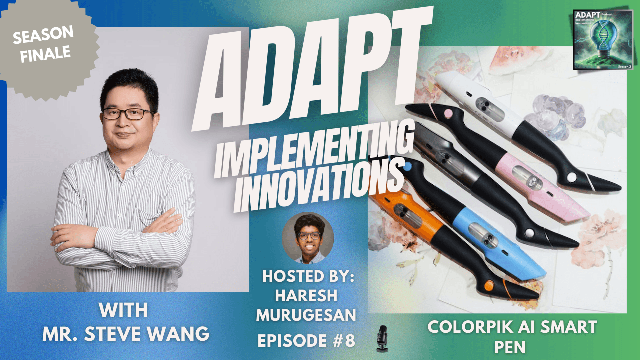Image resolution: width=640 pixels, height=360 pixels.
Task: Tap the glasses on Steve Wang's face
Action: tap(128, 114)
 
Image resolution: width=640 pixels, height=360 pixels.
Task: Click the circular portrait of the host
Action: tap(308, 239)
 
